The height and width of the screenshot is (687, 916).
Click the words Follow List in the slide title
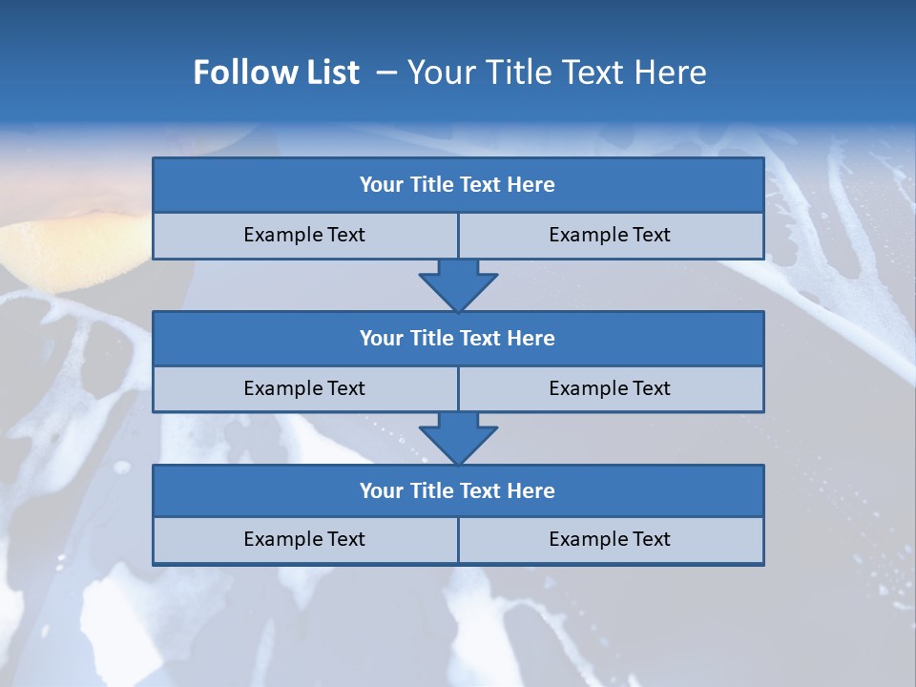click(276, 73)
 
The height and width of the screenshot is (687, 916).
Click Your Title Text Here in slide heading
click(556, 73)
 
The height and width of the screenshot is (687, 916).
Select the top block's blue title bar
click(458, 185)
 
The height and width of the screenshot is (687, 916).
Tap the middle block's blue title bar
click(458, 339)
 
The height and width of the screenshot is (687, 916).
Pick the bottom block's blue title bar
click(458, 491)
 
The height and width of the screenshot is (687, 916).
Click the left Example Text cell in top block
click(304, 235)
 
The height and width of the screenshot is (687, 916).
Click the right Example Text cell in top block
click(610, 235)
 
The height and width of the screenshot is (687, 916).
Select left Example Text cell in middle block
click(304, 388)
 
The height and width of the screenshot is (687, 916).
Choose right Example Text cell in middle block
click(610, 388)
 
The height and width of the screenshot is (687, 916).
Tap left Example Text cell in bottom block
click(304, 539)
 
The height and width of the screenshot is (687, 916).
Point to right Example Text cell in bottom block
click(610, 539)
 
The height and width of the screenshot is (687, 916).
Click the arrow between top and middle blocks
click(458, 285)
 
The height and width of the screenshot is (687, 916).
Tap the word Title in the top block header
click(432, 185)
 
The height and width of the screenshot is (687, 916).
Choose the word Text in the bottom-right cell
click(652, 539)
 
